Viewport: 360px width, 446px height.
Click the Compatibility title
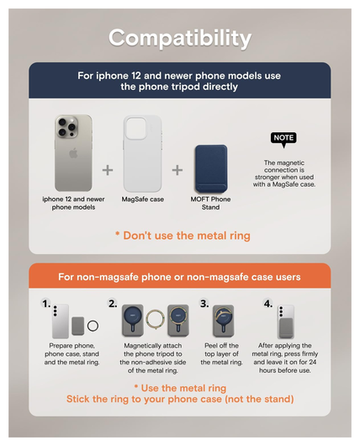pyautogui.click(x=180, y=38)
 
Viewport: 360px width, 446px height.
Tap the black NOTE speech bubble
pyautogui.click(x=283, y=139)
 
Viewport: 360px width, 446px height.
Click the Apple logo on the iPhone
pyautogui.click(x=73, y=153)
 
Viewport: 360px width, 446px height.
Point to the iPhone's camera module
pyautogui.click(x=66, y=127)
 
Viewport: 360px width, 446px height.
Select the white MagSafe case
pyautogui.click(x=142, y=153)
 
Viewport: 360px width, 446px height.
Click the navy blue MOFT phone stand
pyautogui.click(x=211, y=168)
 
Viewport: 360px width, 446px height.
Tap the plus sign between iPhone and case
pyautogui.click(x=108, y=170)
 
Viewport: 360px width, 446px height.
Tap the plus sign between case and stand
pyautogui.click(x=177, y=170)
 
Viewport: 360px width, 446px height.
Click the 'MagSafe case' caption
pyautogui.click(x=143, y=199)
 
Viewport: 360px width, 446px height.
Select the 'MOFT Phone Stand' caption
pyautogui.click(x=210, y=203)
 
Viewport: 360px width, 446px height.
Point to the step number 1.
pyautogui.click(x=46, y=304)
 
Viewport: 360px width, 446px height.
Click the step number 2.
pyautogui.click(x=113, y=304)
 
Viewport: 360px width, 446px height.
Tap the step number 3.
pyautogui.click(x=204, y=304)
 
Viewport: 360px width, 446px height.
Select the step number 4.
pyautogui.click(x=267, y=304)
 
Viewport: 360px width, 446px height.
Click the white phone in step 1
pyautogui.click(x=61, y=321)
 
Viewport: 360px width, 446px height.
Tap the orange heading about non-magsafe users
pyautogui.click(x=179, y=277)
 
